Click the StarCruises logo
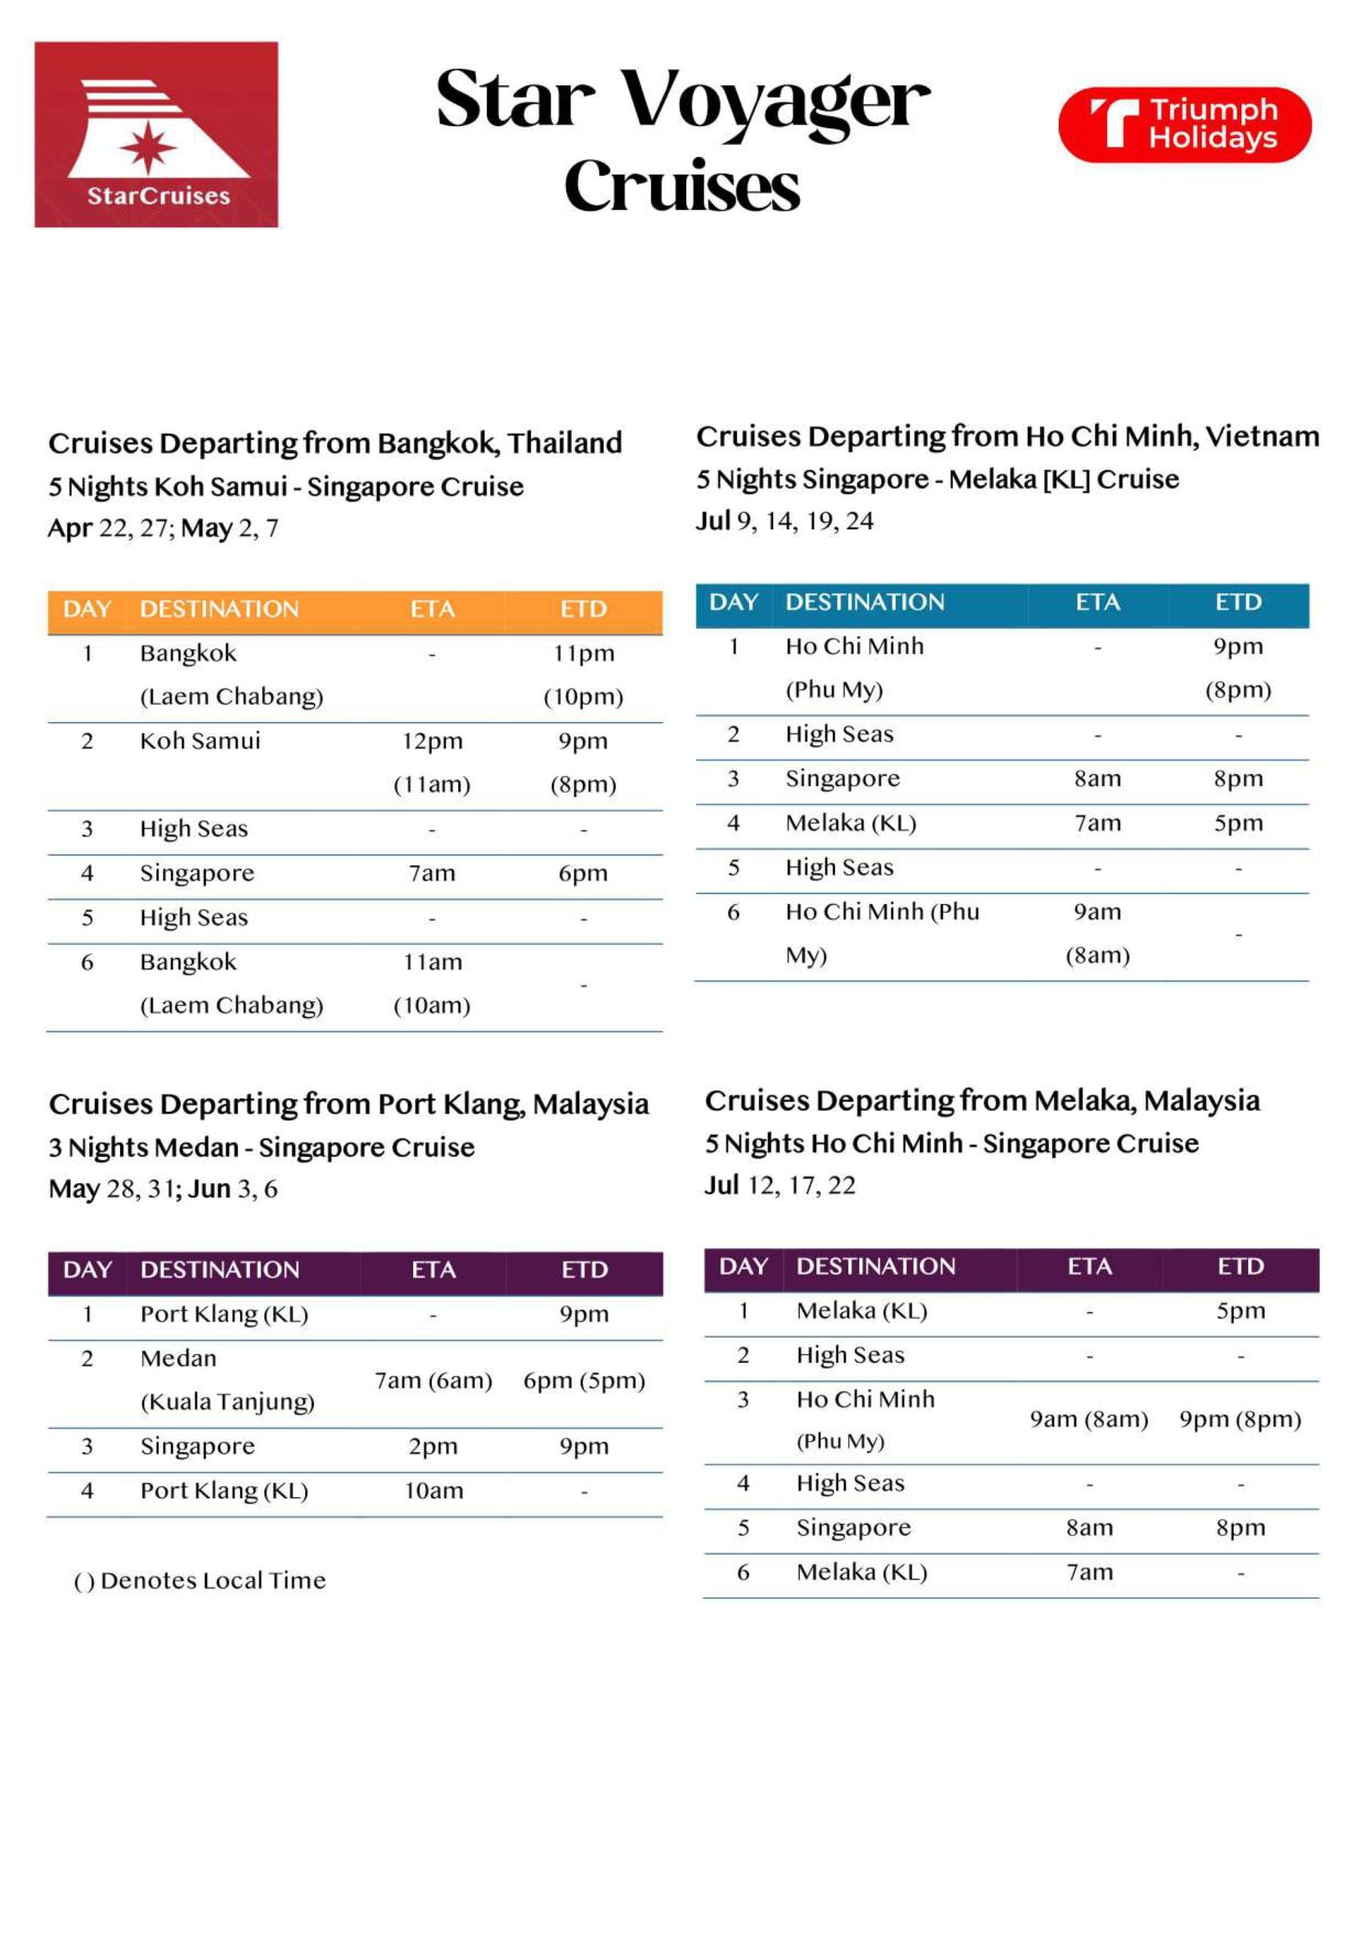coord(156,134)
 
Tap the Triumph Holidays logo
coord(1184,125)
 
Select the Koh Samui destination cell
coord(200,741)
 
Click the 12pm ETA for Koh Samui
coord(432,741)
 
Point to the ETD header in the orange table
coord(584,609)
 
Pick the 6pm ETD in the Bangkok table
coord(583,873)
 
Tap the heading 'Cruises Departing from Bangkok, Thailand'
coord(335,442)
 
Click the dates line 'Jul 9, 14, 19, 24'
coord(785,521)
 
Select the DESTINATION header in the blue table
coord(865,602)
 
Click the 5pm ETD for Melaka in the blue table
coord(1238,823)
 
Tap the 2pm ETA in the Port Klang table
coord(433,1447)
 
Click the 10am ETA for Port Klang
coord(433,1491)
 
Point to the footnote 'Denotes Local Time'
coord(213,1580)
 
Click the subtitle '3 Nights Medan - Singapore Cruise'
coord(262,1148)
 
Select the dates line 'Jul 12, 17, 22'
coord(780,1185)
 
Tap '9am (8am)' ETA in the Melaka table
coord(1089,1420)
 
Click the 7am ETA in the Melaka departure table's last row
coord(1090,1572)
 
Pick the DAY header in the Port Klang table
coord(88,1269)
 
